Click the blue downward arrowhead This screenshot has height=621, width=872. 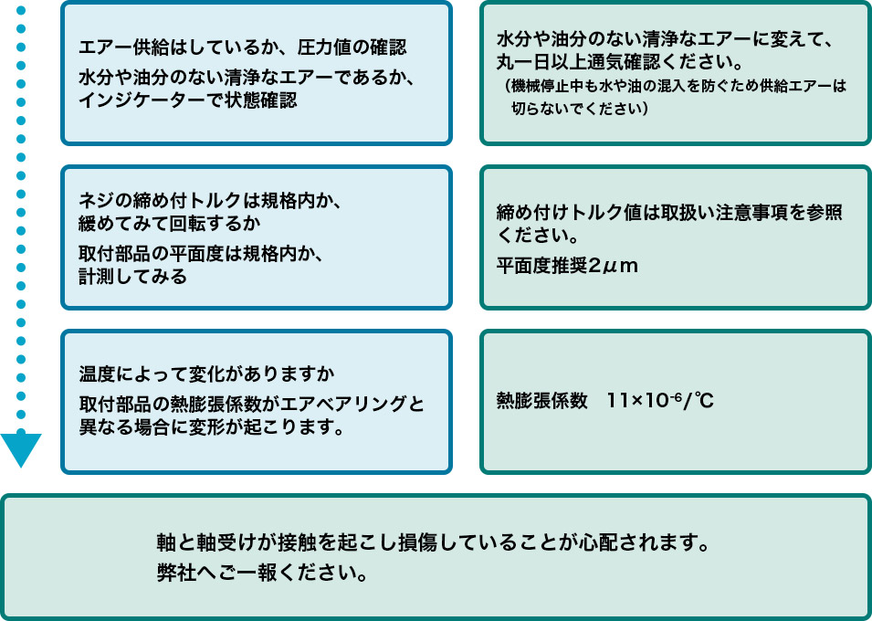tap(21, 448)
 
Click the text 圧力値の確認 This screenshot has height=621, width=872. tap(350, 47)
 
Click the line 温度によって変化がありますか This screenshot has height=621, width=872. tap(206, 374)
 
